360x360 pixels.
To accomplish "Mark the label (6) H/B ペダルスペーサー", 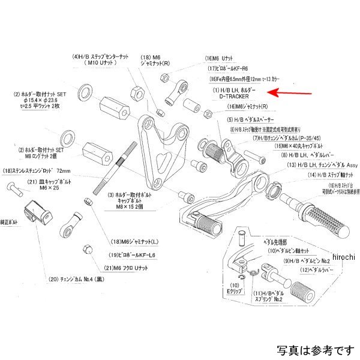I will click(241, 119).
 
